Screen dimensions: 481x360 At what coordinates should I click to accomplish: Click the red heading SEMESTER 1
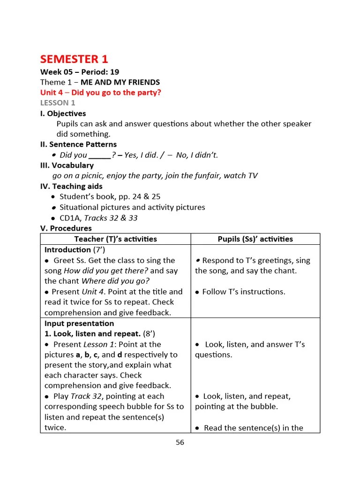click(74, 59)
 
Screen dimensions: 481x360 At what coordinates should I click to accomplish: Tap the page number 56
click(180, 442)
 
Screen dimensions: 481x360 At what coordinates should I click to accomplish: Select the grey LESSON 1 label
click(58, 103)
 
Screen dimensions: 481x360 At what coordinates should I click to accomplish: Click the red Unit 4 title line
click(100, 93)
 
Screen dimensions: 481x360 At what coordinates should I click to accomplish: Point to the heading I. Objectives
click(63, 113)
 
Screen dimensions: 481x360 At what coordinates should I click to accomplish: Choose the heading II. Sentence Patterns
click(78, 144)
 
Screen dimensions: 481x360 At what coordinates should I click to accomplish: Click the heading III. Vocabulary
click(67, 165)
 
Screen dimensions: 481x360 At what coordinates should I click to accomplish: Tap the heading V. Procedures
click(66, 228)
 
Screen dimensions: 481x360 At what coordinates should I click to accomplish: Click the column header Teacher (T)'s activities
click(115, 239)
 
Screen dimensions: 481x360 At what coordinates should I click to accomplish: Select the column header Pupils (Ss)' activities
click(255, 239)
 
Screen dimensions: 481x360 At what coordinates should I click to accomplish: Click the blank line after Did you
click(99, 155)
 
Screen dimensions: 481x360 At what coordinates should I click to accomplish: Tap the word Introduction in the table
click(67, 250)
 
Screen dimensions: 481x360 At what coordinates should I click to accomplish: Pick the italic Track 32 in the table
click(86, 396)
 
